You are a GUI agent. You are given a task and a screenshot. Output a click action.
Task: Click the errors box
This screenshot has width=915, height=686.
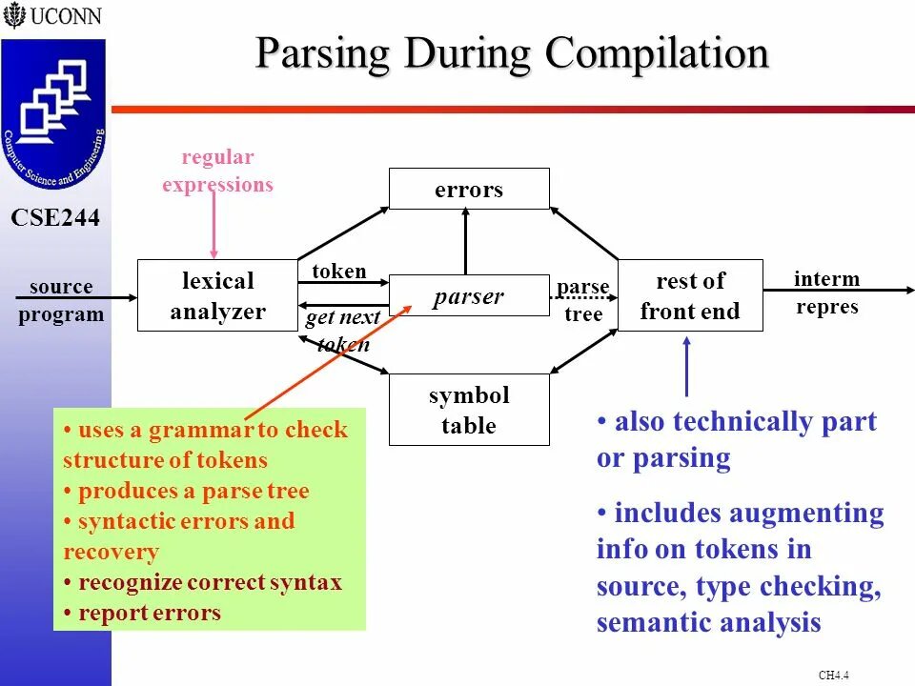pyautogui.click(x=469, y=189)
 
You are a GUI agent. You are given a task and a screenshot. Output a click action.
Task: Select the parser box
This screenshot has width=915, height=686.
pyautogui.click(x=469, y=296)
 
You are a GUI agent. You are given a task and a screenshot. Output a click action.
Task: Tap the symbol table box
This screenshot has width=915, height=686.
pyautogui.click(x=469, y=410)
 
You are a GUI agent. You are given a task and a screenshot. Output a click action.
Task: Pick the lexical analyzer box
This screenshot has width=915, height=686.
pyautogui.click(x=217, y=295)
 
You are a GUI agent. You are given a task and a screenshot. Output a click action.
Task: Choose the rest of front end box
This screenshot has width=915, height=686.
pyautogui.click(x=690, y=295)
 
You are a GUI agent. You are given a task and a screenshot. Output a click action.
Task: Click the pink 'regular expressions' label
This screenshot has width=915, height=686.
pyautogui.click(x=217, y=171)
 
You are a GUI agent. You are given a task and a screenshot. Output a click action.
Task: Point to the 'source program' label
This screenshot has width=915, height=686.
pyautogui.click(x=61, y=300)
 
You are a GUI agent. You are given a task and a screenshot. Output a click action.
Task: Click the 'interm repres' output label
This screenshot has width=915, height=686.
pyautogui.click(x=826, y=293)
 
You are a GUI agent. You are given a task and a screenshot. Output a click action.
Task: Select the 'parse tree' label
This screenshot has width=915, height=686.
pyautogui.click(x=583, y=300)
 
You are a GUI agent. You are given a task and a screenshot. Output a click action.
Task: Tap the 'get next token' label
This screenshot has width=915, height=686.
pyautogui.click(x=342, y=331)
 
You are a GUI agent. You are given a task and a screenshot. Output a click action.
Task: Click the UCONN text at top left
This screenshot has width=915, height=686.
pyautogui.click(x=65, y=15)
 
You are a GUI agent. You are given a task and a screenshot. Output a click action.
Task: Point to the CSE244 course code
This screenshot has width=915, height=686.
pyautogui.click(x=55, y=218)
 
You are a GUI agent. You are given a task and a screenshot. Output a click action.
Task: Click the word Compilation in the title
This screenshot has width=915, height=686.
pyautogui.click(x=657, y=53)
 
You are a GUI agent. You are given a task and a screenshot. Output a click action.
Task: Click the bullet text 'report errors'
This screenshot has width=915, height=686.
pyautogui.click(x=150, y=613)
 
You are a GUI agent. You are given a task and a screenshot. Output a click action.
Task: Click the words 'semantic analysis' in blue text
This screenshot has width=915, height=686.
pyautogui.click(x=708, y=623)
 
